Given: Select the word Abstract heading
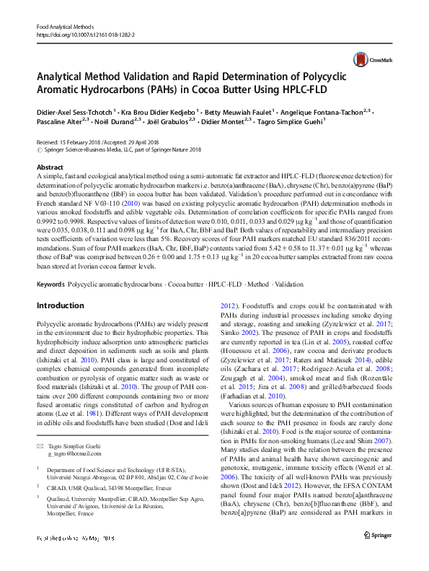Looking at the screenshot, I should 49,167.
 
